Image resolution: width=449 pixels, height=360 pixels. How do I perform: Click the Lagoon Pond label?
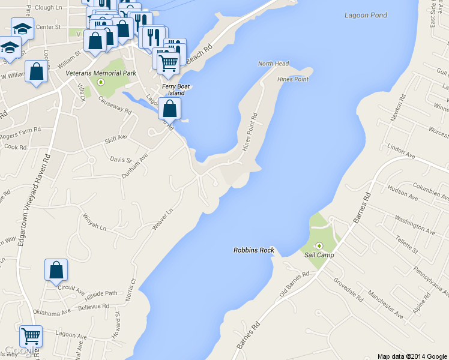pos(366,15)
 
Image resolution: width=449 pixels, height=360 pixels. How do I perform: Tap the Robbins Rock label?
pos(253,250)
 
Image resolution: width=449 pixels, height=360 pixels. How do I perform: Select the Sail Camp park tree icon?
pos(319,245)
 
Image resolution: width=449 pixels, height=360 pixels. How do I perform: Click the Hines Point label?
pos(293,79)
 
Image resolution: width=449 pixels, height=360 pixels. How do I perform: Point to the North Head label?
pos(273,64)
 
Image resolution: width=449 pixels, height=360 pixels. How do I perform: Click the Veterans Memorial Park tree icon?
pos(101,82)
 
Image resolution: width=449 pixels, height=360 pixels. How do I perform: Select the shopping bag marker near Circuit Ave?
pos(56,271)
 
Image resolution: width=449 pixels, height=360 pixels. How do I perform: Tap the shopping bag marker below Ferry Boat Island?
pos(170,109)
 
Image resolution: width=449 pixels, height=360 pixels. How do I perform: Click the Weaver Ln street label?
pos(162,218)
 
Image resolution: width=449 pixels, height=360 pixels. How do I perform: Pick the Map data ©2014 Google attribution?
pos(412,356)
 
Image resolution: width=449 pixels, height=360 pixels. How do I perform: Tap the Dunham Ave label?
pos(135,165)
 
